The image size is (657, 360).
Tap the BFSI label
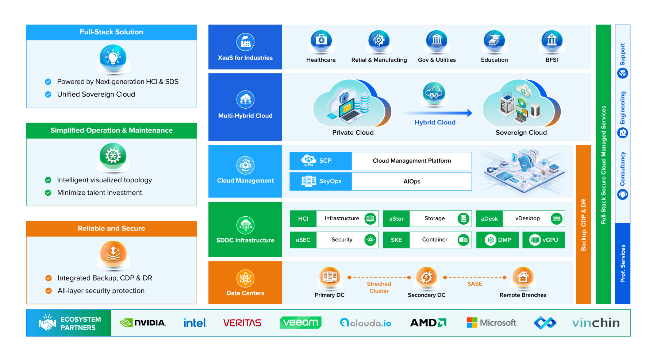[x=552, y=60]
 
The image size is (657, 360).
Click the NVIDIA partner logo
[x=143, y=323]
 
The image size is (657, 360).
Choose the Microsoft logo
[x=491, y=323]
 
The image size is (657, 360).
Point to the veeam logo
[x=300, y=322]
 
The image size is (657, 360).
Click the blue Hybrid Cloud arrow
[x=437, y=113]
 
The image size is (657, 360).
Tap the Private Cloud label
[x=353, y=133]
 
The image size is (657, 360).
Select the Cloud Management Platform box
[x=412, y=161]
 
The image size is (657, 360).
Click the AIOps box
[x=412, y=181]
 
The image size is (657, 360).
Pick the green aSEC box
[x=303, y=240]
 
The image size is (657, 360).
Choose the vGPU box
[x=543, y=240]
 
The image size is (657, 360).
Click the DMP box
[x=497, y=240]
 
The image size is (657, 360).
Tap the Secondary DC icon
[x=427, y=277]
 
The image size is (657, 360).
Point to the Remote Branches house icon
[x=523, y=277]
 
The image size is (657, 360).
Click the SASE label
[x=474, y=284]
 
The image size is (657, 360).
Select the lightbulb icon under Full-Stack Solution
[x=113, y=58]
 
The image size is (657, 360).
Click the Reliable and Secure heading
[x=111, y=228]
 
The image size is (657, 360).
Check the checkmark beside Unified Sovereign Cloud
[x=48, y=94]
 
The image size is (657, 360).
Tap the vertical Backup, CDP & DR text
[x=583, y=225]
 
